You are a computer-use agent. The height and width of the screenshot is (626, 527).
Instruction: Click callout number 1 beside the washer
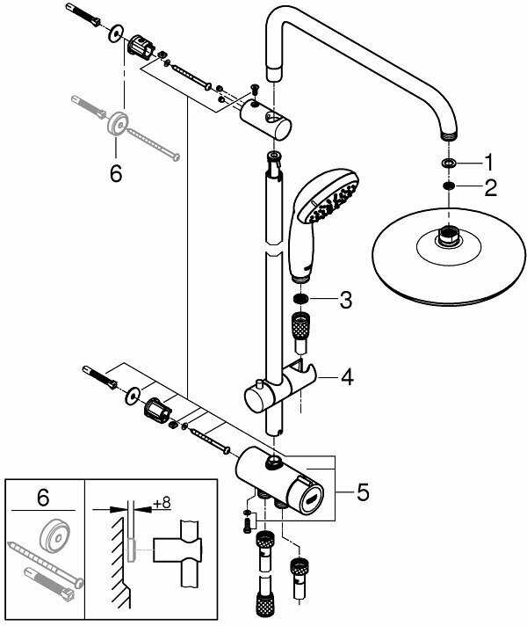pos(489,163)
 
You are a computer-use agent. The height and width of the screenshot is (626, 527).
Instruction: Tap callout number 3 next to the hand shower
pos(345,301)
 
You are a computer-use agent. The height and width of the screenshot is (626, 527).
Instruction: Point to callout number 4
pos(347,379)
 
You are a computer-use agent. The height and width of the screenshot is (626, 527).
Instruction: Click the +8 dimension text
pos(161,503)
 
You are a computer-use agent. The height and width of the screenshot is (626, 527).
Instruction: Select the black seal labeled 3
pos(301,302)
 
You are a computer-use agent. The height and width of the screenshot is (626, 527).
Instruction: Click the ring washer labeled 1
pos(448,164)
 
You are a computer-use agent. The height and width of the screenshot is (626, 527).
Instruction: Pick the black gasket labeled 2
pos(448,186)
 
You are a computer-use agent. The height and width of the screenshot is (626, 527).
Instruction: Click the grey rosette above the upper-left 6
pos(115,122)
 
